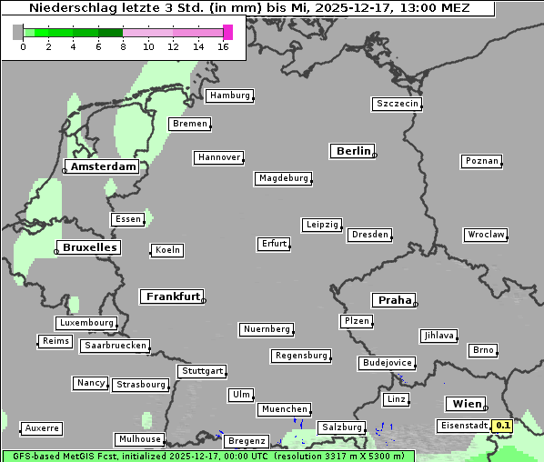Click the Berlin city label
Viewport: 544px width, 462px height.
(353, 151)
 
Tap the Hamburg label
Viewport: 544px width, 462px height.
(228, 95)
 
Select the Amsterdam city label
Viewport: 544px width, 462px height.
(104, 166)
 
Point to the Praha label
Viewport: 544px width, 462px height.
(394, 300)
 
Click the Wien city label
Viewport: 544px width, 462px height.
(466, 404)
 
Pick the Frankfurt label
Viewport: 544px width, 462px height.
(172, 296)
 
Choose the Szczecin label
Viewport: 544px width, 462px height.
(397, 104)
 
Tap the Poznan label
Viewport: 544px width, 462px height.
(481, 161)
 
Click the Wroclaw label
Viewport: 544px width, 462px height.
(485, 235)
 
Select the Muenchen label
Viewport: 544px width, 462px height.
(284, 409)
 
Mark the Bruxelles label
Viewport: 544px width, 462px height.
(88, 247)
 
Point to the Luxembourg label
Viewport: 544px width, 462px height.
(86, 323)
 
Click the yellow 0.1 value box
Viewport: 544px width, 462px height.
(502, 425)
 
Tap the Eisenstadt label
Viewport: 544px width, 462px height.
(463, 425)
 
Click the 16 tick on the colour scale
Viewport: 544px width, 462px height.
(224, 46)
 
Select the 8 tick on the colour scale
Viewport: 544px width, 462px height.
(123, 46)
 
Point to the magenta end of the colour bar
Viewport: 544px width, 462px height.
(227, 32)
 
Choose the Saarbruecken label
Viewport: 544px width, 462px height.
(115, 346)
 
